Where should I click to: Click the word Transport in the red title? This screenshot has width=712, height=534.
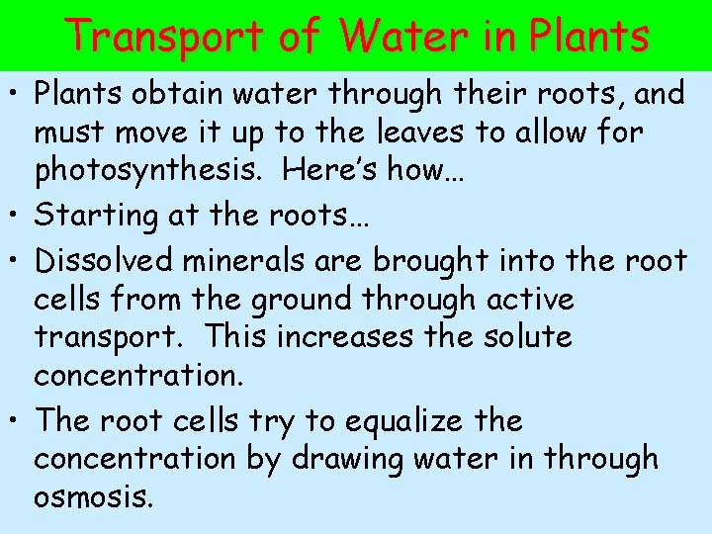(166, 37)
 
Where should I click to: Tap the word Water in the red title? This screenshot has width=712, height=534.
(400, 37)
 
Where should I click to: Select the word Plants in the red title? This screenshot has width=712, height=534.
(589, 37)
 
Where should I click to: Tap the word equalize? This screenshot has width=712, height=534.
(409, 421)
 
